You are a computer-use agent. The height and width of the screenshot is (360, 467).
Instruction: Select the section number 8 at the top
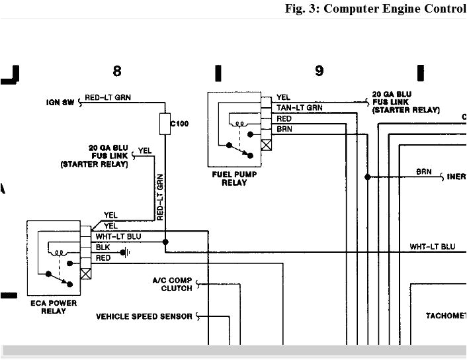pyautogui.click(x=117, y=71)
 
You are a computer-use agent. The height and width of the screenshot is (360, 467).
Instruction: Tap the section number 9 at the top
pyautogui.click(x=319, y=71)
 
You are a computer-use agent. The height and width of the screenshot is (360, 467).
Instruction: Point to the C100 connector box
pyautogui.click(x=165, y=123)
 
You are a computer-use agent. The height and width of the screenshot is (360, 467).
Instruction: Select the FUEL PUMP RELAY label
pyautogui.click(x=233, y=179)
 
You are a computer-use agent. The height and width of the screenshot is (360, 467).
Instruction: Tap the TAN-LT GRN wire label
pyautogui.click(x=299, y=107)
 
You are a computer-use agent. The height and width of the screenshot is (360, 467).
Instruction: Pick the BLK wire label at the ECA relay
pyautogui.click(x=103, y=247)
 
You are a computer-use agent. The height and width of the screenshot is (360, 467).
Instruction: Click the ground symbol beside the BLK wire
pyautogui.click(x=124, y=251)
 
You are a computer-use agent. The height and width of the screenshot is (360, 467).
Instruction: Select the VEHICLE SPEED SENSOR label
pyautogui.click(x=144, y=316)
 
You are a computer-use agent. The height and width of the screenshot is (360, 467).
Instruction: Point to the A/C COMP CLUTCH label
pyautogui.click(x=172, y=285)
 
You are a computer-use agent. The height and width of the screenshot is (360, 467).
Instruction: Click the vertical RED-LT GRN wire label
pyautogui.click(x=159, y=197)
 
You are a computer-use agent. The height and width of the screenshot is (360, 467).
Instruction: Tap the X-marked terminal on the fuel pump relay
pyautogui.click(x=267, y=143)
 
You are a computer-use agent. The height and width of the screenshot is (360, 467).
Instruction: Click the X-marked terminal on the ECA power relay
pyautogui.click(x=85, y=272)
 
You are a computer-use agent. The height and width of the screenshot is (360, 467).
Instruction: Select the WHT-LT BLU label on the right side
pyautogui.click(x=432, y=246)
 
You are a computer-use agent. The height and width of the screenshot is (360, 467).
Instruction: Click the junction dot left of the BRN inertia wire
pyautogui.click(x=368, y=177)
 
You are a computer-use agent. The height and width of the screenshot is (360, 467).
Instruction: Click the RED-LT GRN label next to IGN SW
pyautogui.click(x=108, y=98)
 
